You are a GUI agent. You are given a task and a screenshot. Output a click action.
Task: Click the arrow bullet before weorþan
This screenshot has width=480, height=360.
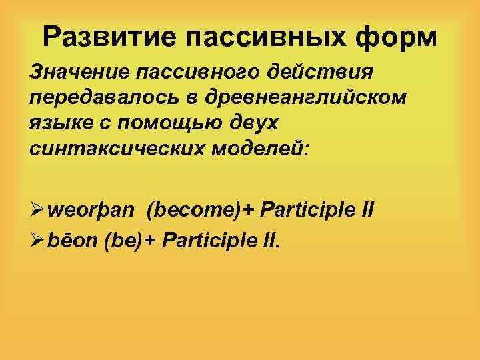[38, 212]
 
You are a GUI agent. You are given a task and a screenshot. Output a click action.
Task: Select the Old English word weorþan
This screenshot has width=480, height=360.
[93, 212]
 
